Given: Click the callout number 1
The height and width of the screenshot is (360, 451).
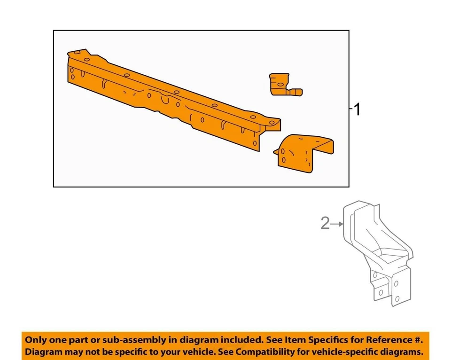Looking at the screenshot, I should coord(357,110).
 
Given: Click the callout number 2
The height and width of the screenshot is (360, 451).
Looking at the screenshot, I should coord(325,224).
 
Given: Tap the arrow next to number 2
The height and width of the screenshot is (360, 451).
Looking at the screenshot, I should coord(337,225).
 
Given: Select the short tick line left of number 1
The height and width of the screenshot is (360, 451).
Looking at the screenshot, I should coord(350,109).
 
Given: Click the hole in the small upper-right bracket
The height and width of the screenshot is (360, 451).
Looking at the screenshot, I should coord(280,85).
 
